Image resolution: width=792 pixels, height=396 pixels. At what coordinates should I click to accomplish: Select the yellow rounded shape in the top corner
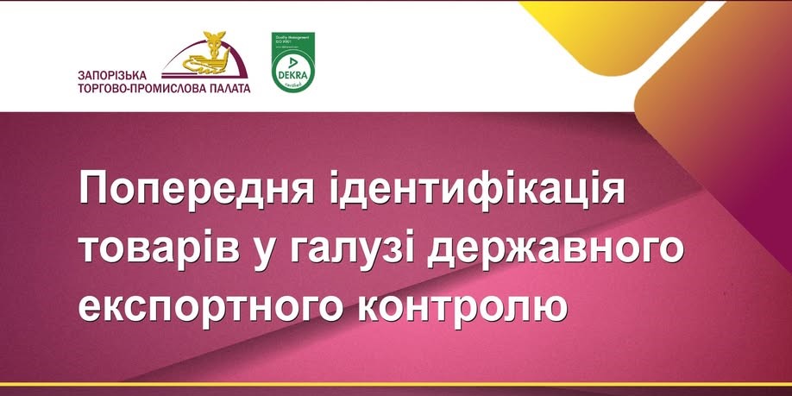point(595,35)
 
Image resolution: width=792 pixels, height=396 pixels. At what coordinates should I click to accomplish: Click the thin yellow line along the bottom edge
point(396,384)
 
